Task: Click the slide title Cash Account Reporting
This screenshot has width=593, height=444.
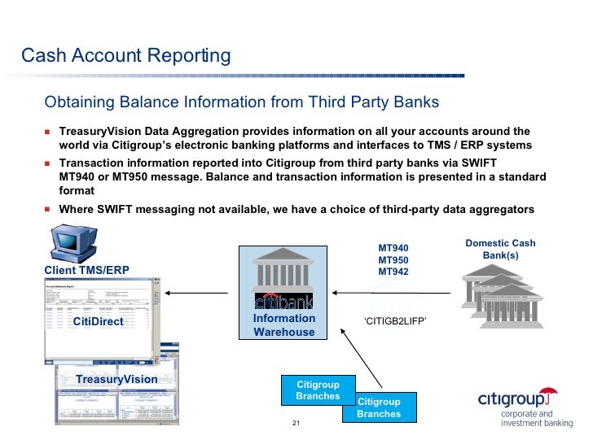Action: point(125,55)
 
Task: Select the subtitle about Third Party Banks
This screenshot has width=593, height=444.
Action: point(241,102)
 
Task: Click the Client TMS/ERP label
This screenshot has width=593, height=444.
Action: point(86,270)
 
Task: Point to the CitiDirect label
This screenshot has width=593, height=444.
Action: point(98,321)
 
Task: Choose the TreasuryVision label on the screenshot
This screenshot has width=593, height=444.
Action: point(116,380)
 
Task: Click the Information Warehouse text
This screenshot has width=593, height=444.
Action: point(283,325)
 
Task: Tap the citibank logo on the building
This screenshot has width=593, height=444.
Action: point(283,298)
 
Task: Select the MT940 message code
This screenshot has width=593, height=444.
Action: point(393,249)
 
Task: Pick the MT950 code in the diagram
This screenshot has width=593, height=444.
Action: point(393,260)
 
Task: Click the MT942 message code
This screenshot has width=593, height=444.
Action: point(393,272)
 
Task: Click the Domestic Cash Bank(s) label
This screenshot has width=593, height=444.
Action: point(500,249)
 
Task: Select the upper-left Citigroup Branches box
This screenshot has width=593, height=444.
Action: point(318,390)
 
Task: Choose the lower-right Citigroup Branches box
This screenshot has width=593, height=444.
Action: point(379,407)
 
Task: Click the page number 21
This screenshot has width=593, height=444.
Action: point(296,424)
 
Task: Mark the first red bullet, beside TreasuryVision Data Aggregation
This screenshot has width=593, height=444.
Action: point(47,131)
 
